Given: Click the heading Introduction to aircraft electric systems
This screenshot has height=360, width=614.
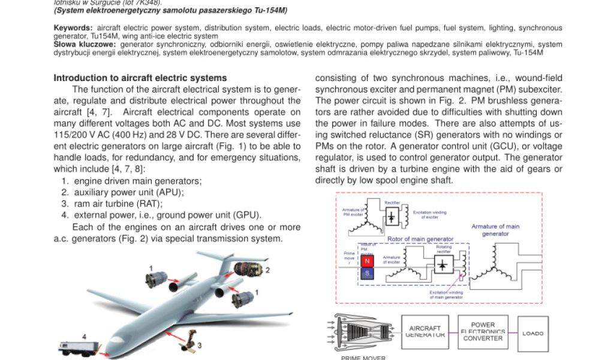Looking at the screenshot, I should tap(140, 78).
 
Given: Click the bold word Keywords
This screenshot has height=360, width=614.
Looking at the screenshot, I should tap(73, 28).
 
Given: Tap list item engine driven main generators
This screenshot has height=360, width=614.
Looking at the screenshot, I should tap(137, 181).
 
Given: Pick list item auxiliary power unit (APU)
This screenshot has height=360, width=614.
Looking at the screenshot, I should tap(128, 193).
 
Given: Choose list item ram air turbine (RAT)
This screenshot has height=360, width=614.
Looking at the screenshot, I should tap(118, 204).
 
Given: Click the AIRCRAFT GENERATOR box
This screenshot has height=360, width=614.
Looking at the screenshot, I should tap(425, 332).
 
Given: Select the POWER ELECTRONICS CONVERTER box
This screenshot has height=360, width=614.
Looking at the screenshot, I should tap(483, 332).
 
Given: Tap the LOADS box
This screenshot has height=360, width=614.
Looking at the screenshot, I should tap(532, 333).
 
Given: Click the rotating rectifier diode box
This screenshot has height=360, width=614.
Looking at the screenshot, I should tap(443, 265).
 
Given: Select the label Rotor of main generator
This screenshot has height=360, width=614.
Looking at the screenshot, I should tap(420, 239).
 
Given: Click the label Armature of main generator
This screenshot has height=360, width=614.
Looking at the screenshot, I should tap(495, 230).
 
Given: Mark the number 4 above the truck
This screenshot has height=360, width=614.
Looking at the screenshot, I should tap(85, 337).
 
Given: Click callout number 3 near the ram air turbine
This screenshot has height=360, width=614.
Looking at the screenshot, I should tap(199, 345).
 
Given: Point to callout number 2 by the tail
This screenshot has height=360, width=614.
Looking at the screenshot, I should tap(268, 270).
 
